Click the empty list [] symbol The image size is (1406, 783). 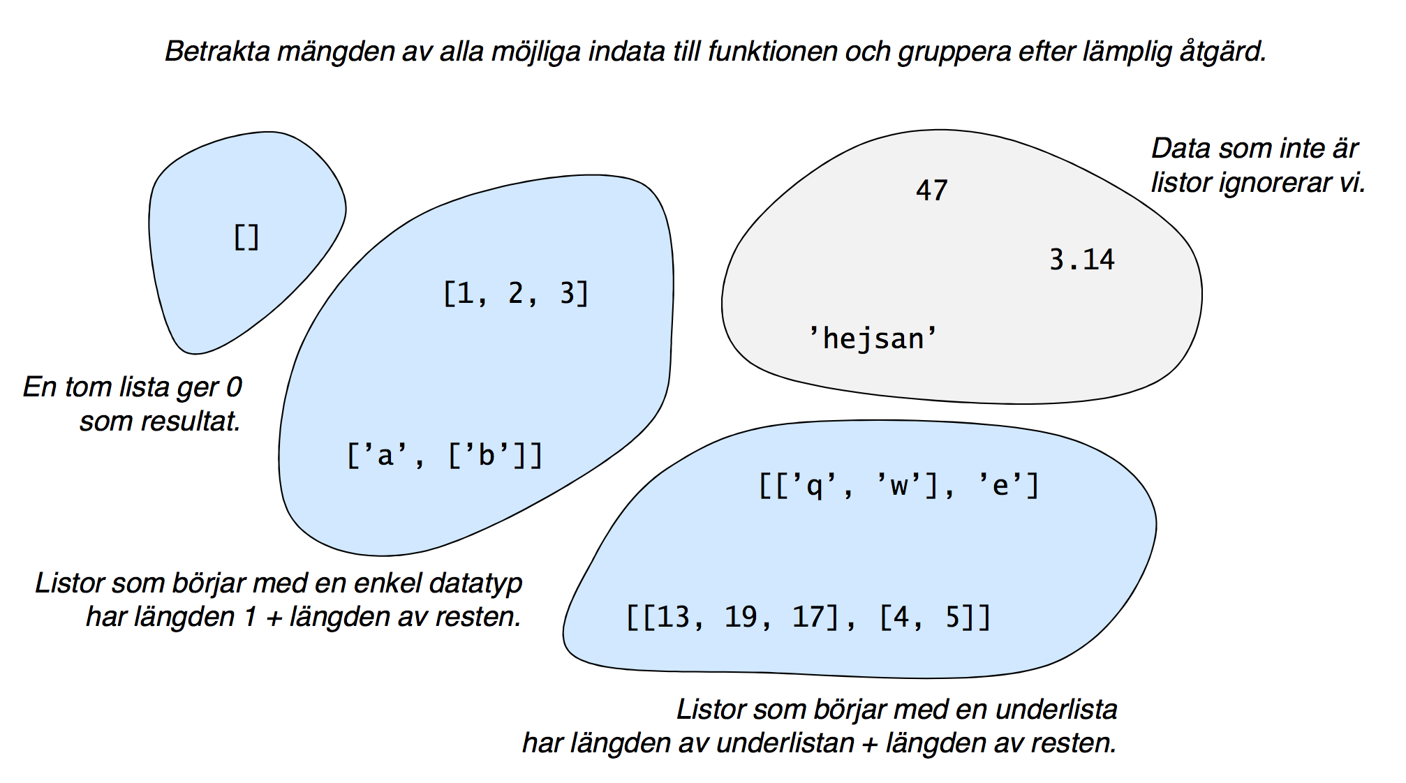[246, 237]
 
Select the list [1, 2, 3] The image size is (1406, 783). [516, 293]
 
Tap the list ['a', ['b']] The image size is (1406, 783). [445, 456]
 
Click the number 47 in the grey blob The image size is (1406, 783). [932, 191]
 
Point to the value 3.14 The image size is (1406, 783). [1082, 260]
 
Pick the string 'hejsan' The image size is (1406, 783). [873, 338]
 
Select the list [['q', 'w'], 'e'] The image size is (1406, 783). [899, 485]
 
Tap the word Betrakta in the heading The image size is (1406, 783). [217, 52]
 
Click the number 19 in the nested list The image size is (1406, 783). [741, 617]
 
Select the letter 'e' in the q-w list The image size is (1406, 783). [1000, 485]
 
